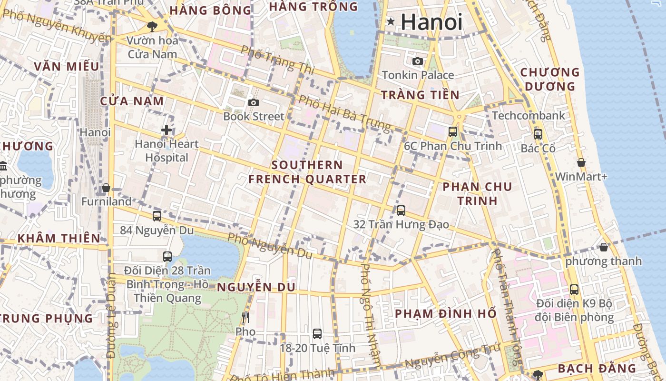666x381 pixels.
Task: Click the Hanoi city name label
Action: (x=431, y=22)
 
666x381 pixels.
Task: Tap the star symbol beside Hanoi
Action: (x=391, y=21)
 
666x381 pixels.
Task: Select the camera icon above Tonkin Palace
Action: (x=418, y=61)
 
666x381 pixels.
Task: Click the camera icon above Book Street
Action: (x=254, y=102)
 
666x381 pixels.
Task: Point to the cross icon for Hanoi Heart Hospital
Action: (x=166, y=130)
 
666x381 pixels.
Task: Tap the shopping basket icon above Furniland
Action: (x=106, y=188)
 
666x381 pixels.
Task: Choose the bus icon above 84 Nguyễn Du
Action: (x=157, y=216)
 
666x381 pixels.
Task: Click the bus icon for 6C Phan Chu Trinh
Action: (x=453, y=132)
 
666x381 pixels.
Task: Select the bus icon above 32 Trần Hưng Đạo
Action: (x=401, y=210)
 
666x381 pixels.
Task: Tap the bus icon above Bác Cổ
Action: (x=538, y=134)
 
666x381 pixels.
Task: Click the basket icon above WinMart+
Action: (x=581, y=162)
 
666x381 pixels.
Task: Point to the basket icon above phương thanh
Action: (x=604, y=247)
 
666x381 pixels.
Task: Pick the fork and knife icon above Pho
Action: (x=245, y=317)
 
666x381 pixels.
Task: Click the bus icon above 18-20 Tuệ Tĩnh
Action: (x=317, y=334)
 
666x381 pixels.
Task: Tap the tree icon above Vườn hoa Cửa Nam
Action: (x=152, y=26)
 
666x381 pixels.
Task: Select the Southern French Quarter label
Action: (x=307, y=172)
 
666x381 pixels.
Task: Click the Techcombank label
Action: (x=529, y=115)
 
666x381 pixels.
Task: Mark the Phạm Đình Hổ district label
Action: (x=446, y=313)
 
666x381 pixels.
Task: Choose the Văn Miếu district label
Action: (x=67, y=66)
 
